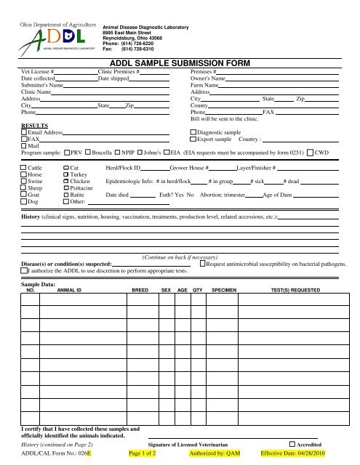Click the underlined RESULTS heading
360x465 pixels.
pos(33,126)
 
